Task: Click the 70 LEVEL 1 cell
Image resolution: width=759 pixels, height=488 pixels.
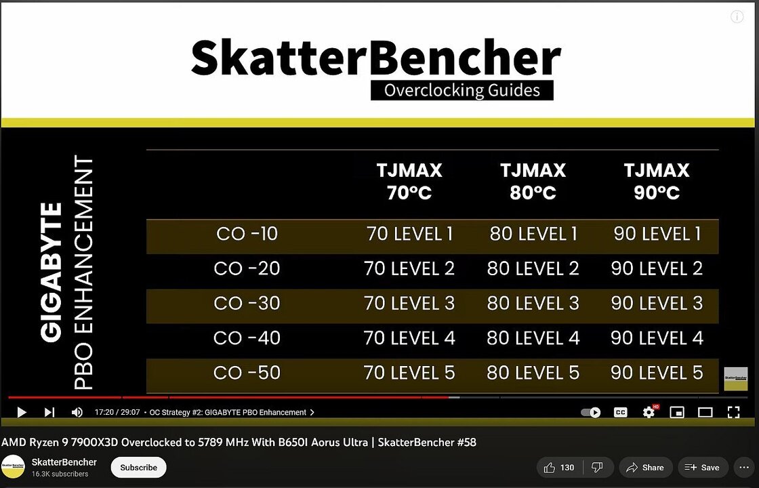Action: pos(409,234)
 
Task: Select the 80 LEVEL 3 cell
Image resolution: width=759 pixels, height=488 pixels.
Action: pos(533,303)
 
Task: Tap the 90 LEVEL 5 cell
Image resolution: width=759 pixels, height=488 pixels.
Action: pos(657,372)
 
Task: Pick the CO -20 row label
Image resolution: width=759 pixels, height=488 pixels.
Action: pos(247,268)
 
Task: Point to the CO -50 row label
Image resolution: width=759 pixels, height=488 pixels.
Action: pos(247,372)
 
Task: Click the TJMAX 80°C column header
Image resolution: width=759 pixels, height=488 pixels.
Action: pos(533,181)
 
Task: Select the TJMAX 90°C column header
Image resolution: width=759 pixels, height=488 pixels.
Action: pos(657,181)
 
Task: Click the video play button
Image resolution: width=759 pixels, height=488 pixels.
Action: pos(21,412)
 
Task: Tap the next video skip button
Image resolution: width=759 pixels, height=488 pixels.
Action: pos(49,412)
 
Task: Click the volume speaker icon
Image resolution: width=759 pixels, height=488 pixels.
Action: pos(77,412)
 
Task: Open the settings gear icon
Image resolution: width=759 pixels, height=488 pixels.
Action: pos(649,412)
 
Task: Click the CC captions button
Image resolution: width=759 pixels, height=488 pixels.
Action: pos(620,412)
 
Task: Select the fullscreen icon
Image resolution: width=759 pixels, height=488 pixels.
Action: pos(733,412)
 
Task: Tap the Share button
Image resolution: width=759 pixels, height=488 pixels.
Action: pos(645,468)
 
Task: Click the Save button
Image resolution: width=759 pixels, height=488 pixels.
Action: pos(702,468)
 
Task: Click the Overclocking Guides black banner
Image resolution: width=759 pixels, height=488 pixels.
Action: pos(461,90)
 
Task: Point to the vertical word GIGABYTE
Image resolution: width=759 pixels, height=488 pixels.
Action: pos(52,271)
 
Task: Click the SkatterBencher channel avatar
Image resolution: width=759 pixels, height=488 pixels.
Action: pos(13,467)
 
